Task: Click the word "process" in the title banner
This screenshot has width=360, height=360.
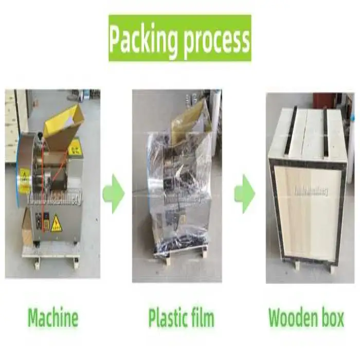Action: tap(215, 39)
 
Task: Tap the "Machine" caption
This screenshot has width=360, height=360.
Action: tap(53, 318)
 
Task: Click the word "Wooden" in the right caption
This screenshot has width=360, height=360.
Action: tap(292, 318)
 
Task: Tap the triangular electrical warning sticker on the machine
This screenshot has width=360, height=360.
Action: tap(56, 224)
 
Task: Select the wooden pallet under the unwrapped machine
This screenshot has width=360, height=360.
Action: tap(51, 252)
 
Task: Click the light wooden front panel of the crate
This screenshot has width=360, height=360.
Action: tap(307, 211)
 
